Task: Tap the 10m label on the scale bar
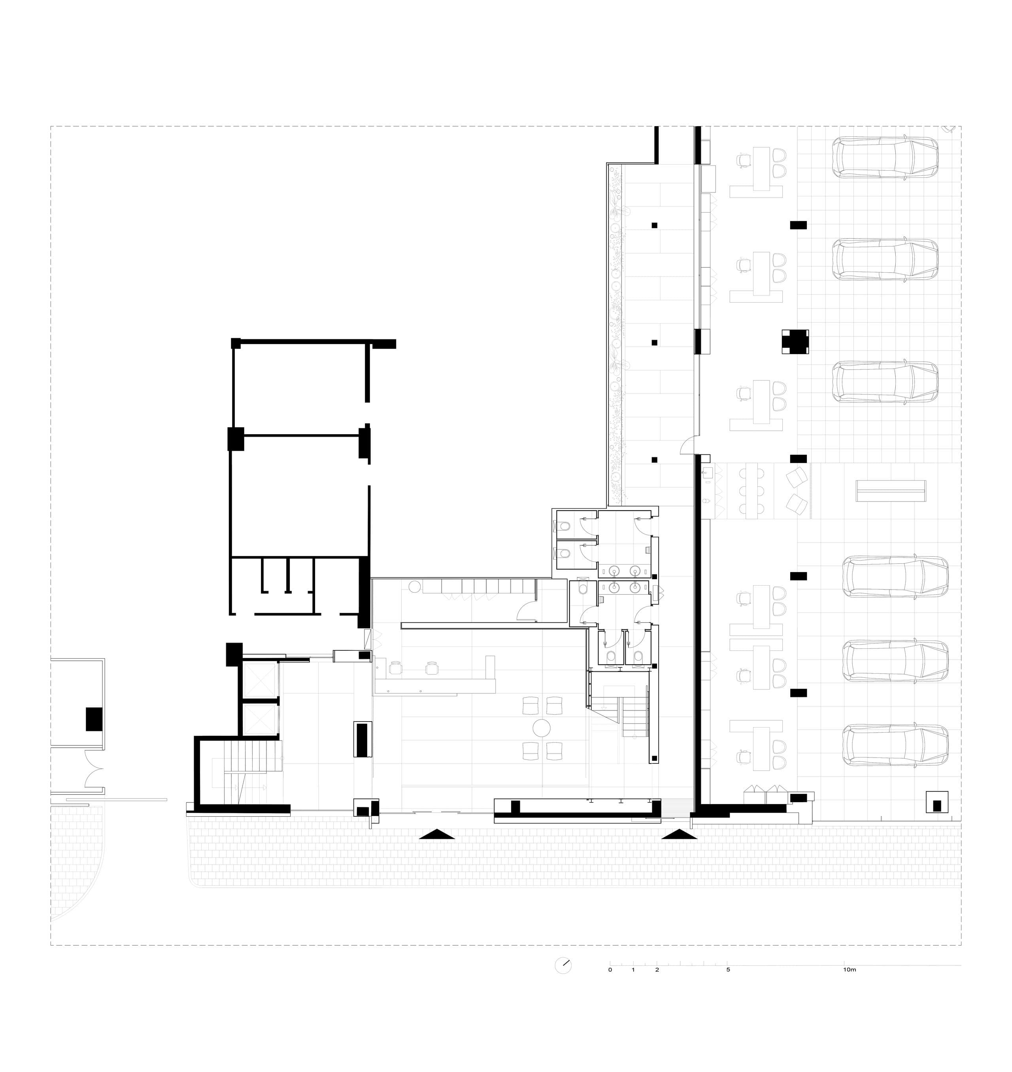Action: pyautogui.click(x=849, y=970)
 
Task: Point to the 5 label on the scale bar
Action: pyautogui.click(x=728, y=970)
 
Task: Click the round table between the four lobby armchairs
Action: pyautogui.click(x=542, y=728)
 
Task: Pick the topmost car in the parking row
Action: pyautogui.click(x=885, y=157)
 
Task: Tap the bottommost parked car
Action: pyautogui.click(x=895, y=746)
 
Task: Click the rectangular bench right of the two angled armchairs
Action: pyautogui.click(x=891, y=491)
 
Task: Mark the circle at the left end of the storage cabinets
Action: pyautogui.click(x=414, y=586)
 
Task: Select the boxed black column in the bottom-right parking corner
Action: pyautogui.click(x=937, y=801)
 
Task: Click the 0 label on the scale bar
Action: pyautogui.click(x=610, y=970)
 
